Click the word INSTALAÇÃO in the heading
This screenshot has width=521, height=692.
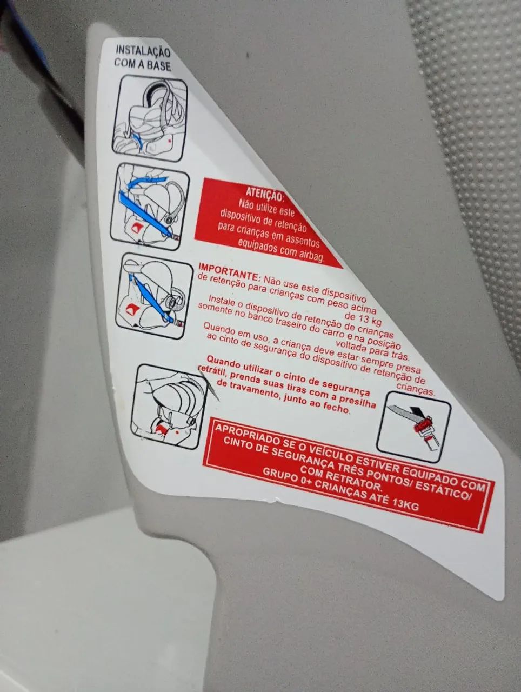coord(143,51)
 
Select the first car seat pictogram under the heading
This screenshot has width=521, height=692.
coord(149,118)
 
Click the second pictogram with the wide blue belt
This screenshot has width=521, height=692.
coord(149,207)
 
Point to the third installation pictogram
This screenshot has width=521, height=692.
coord(154,296)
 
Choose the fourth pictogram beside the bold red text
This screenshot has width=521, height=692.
coord(168,407)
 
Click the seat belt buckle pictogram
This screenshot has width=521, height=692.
coord(414,428)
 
